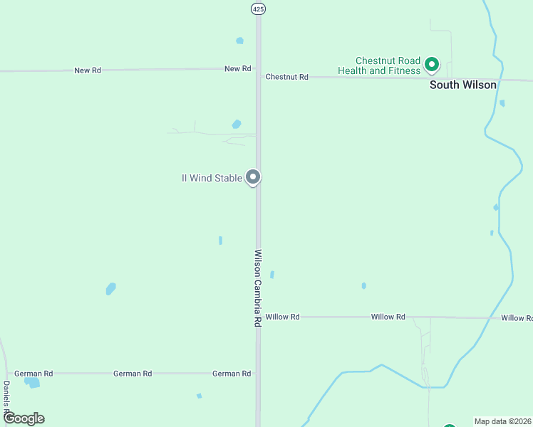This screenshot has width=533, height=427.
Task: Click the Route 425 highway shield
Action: [x=258, y=8]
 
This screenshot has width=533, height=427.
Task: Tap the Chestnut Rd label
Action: [x=286, y=77]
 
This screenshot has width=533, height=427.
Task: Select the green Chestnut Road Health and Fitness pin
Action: [x=431, y=65]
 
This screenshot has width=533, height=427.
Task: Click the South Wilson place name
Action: [x=462, y=85]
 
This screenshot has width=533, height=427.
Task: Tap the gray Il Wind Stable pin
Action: [x=252, y=177]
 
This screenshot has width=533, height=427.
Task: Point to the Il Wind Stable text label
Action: [x=212, y=178]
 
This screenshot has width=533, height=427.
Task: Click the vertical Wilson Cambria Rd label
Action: [x=258, y=288]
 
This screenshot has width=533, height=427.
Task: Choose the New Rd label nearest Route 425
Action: [x=238, y=69]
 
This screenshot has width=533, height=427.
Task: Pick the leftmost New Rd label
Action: [x=88, y=71]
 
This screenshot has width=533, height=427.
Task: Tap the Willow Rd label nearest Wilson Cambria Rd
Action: [x=282, y=317]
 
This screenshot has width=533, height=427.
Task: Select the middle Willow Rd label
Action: [x=388, y=317]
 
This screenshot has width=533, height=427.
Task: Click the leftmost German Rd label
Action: [x=33, y=373]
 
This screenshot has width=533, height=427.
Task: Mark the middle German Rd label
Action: [x=133, y=373]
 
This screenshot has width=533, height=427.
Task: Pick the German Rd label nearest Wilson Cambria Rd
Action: [x=232, y=373]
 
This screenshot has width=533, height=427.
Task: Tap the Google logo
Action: [x=23, y=418]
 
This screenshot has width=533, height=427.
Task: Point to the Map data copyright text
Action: [x=503, y=421]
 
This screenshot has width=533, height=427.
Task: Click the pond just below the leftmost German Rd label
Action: [x=32, y=383]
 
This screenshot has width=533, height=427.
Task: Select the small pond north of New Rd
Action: [x=239, y=41]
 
